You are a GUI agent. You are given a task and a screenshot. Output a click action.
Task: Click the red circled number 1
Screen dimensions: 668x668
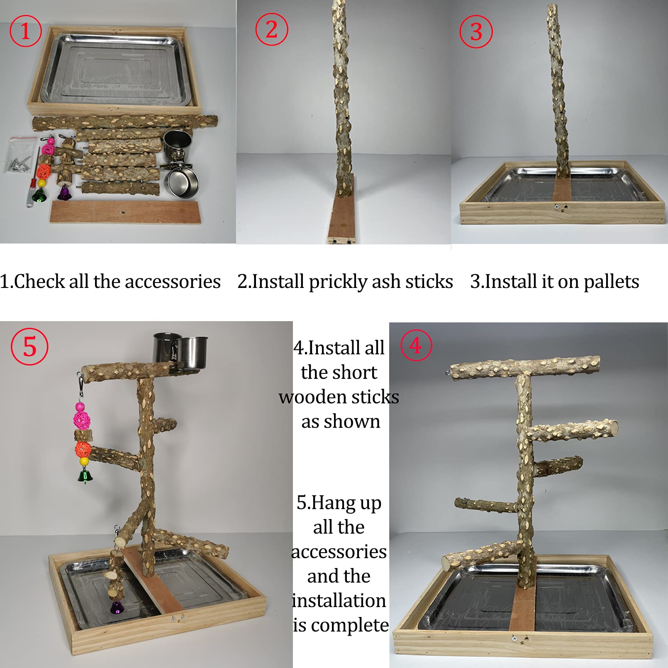25,31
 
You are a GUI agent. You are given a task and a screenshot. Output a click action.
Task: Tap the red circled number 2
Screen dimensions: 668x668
271,29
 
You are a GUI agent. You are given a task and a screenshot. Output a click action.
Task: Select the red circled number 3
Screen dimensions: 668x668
476,32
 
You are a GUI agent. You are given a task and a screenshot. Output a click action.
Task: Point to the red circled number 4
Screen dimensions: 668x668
416,346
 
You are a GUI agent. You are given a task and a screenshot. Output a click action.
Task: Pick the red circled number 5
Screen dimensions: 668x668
29,346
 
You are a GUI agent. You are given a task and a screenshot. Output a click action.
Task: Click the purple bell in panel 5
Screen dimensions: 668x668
117,608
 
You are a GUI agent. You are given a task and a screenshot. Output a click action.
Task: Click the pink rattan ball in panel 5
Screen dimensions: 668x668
82,419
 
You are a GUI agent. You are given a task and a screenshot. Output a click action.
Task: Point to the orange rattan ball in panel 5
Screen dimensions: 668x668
83,449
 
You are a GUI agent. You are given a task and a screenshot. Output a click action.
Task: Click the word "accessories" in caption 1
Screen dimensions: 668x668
173,282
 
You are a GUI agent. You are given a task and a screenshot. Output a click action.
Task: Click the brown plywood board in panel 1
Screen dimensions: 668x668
124,212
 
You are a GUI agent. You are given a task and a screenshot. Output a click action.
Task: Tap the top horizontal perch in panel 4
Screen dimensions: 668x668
525,366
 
